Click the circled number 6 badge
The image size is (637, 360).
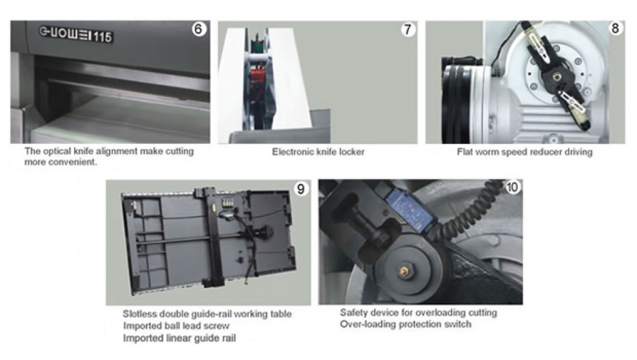[x=198, y=29]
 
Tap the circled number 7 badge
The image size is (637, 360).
[x=408, y=30]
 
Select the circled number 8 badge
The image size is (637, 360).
[x=615, y=29]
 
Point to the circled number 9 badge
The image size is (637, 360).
[x=301, y=189]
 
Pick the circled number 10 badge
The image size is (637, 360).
[x=512, y=187]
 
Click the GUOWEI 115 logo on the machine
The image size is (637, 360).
[x=76, y=34]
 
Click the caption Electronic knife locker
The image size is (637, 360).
[x=318, y=152]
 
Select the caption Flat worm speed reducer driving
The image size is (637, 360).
[x=524, y=152]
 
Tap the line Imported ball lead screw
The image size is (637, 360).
[x=176, y=326]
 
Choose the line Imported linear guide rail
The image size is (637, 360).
[x=179, y=338]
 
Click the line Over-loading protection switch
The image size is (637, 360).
[x=405, y=324]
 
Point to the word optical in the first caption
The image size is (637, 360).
[x=56, y=151]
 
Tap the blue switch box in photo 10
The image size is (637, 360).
[x=410, y=210]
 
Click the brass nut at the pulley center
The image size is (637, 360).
[x=404, y=271]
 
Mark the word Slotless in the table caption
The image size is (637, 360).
[x=140, y=314]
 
